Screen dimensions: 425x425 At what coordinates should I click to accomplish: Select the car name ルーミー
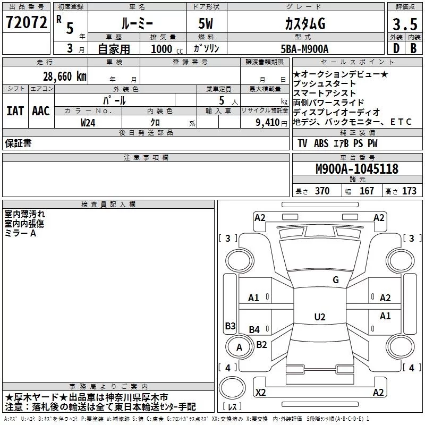coord(137,24)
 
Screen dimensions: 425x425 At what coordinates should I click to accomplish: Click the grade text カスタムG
coord(304,24)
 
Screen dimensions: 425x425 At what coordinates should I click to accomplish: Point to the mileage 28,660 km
coord(65,76)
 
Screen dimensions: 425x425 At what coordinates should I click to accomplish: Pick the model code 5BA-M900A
coord(304,49)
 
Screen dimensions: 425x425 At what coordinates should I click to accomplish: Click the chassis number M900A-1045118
coord(356,169)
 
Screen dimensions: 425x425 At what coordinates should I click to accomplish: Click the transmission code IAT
coord(15,111)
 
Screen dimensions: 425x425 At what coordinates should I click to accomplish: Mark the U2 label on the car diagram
coord(319,317)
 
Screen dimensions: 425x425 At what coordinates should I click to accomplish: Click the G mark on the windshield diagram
coord(335,280)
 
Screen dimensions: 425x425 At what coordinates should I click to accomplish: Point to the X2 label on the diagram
coord(261,393)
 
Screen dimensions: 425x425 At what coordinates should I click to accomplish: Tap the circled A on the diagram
coord(239,348)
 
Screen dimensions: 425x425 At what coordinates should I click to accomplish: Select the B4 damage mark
coord(254,330)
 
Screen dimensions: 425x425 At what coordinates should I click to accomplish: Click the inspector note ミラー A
coord(21,233)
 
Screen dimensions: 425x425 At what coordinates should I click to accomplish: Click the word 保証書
coord(18,143)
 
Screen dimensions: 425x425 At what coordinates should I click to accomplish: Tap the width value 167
coord(367,191)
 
